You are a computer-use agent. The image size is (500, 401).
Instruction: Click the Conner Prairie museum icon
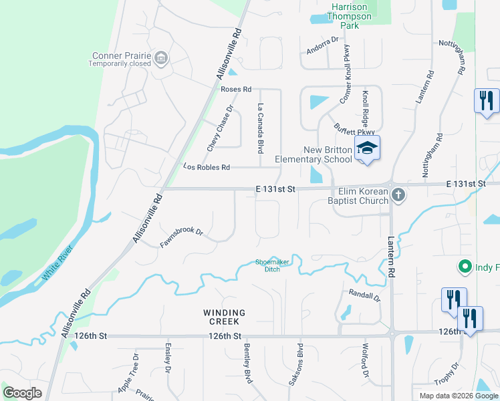pos(160,58)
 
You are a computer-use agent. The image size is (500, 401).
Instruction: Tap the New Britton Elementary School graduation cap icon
pos(367,147)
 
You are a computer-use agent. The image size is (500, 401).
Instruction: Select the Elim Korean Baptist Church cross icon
pos(398,195)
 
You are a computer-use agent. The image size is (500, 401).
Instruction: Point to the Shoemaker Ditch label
pos(273,265)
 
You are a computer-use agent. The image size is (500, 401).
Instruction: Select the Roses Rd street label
pos(235,89)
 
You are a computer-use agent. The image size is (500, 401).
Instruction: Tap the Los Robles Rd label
pos(207,167)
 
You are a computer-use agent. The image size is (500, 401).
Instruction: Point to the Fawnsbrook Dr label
pos(181,237)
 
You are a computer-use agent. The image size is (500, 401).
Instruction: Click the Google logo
pos(23,392)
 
